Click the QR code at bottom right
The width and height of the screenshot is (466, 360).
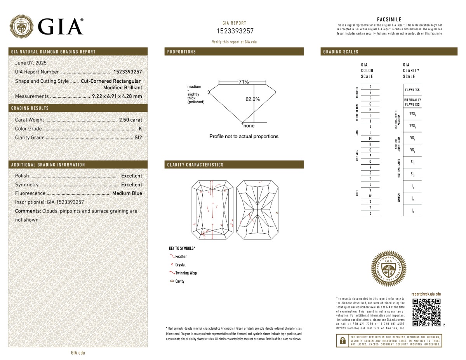426,312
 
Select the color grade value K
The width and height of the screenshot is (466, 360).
140,129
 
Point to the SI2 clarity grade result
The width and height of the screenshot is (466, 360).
138,137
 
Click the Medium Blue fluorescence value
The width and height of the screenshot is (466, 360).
127,193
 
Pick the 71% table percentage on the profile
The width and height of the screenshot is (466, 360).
243,82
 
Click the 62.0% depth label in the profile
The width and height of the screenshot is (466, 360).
252,99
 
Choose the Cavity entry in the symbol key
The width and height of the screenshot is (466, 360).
179,281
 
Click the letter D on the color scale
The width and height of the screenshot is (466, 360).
370,87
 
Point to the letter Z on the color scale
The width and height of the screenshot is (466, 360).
370,214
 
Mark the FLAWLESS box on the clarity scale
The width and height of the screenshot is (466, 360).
412,90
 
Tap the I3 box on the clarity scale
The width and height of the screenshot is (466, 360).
412,210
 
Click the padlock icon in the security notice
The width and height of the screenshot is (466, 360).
343,341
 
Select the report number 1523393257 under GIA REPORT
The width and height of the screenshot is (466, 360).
235,31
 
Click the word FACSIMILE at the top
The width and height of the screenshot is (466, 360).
389,19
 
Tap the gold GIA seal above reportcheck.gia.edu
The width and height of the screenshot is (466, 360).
389,268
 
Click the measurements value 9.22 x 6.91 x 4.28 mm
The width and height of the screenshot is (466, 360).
117,96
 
